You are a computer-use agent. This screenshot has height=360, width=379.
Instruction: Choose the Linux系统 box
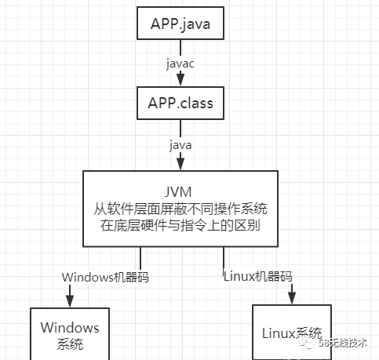coord(291,332)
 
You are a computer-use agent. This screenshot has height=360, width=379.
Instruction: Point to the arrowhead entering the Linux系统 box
coord(292,298)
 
